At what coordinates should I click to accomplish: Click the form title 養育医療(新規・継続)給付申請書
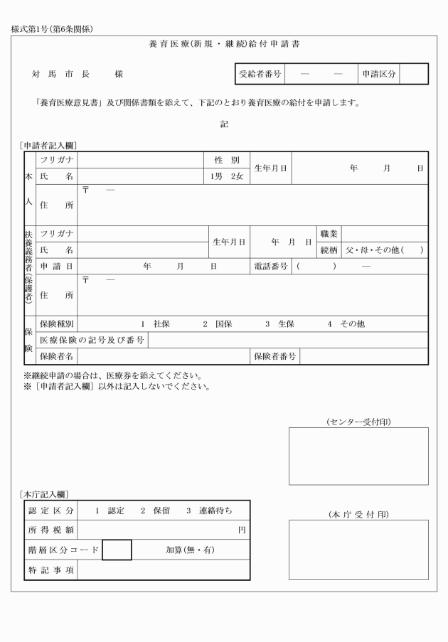coord(224,44)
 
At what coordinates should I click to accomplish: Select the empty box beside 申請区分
coord(414,73)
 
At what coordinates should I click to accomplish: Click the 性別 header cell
coord(226,159)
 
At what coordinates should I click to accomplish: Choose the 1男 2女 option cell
coord(226,176)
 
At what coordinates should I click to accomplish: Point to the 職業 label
coord(329,233)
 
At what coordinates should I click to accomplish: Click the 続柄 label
coord(329,250)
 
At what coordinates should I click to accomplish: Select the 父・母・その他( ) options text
coord(384,250)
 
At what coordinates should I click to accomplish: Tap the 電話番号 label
coord(270,266)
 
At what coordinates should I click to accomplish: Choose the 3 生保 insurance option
coord(280,323)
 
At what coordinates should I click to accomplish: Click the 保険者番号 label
coord(274,356)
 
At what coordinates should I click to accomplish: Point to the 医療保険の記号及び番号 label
coord(92,340)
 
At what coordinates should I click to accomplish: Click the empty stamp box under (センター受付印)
coord(358,456)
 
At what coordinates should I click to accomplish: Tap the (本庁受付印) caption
coord(358,513)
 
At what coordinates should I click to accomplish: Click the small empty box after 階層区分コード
coord(117,550)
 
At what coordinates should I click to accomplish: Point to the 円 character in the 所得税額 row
coord(242,530)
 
